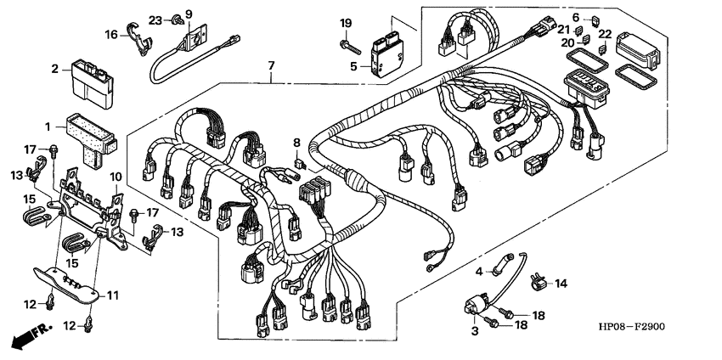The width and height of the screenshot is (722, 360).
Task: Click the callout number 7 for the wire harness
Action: coord(271,65)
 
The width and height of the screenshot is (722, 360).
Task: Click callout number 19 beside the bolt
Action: coord(346,23)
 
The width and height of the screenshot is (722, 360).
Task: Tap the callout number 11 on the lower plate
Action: coord(113,295)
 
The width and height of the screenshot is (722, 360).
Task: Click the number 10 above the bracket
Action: coord(116,177)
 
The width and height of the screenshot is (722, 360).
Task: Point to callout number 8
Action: coord(296,142)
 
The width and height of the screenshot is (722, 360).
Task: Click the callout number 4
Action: coord(479,272)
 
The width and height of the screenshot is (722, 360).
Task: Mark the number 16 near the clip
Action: coord(111,34)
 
